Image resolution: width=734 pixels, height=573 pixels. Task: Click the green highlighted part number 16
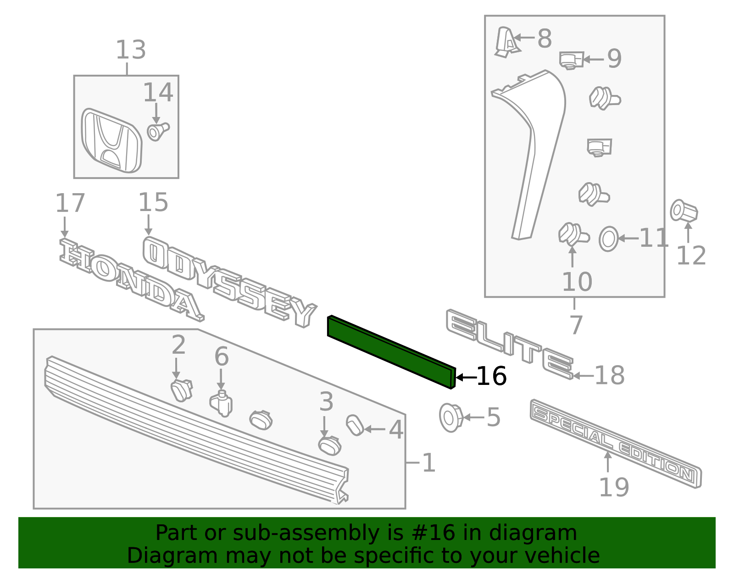392,352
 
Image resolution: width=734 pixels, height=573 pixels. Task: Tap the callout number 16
491,376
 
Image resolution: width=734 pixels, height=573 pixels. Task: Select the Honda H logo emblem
111,140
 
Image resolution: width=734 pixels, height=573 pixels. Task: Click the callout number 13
131,50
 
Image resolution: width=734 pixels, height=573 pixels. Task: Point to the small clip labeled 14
158,131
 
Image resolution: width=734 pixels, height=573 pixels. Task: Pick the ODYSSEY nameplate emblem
230,282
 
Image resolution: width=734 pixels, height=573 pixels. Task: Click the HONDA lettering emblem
132,279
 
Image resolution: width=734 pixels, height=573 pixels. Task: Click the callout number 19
614,487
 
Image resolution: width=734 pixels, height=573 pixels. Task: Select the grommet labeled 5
451,417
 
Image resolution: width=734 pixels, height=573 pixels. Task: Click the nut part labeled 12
684,211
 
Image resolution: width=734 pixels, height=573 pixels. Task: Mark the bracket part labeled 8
507,42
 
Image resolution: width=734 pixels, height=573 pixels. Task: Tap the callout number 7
576,325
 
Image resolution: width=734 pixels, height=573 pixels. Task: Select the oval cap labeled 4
355,425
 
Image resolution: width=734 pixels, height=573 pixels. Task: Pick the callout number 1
428,463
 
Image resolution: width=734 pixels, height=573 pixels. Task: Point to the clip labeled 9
571,61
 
